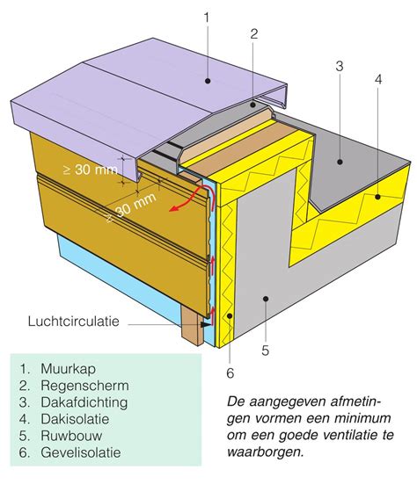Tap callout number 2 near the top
253,34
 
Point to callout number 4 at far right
378,79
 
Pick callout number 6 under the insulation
231,372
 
